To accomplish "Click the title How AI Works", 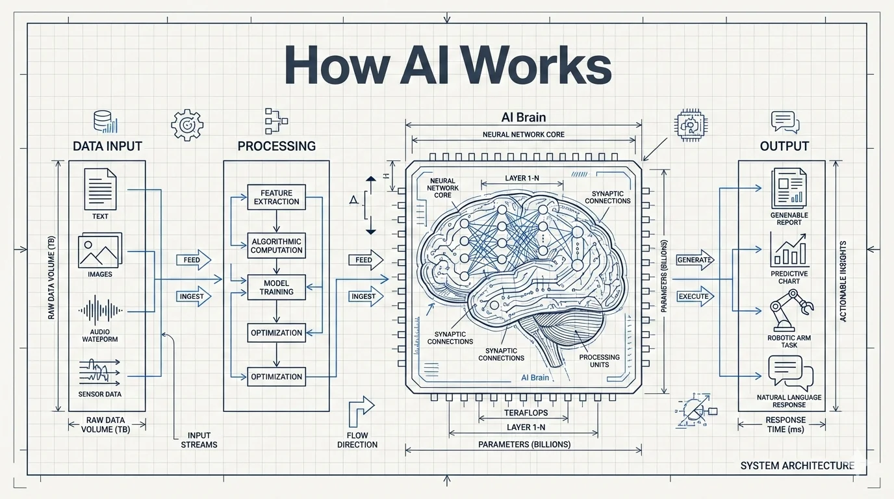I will [x=448, y=66].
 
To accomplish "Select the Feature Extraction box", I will [x=276, y=197].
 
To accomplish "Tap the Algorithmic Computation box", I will [x=276, y=246].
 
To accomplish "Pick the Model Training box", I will [x=276, y=287].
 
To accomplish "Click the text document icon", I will [x=100, y=189].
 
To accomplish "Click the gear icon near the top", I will [x=187, y=124].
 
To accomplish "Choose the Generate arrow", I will [x=695, y=260].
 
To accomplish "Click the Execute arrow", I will [x=695, y=296].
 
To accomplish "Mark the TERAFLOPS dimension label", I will [x=526, y=413].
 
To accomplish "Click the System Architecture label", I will [x=797, y=465].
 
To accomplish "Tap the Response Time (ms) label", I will [x=785, y=425].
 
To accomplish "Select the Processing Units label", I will [x=600, y=361].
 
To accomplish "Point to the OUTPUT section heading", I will [x=784, y=146].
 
